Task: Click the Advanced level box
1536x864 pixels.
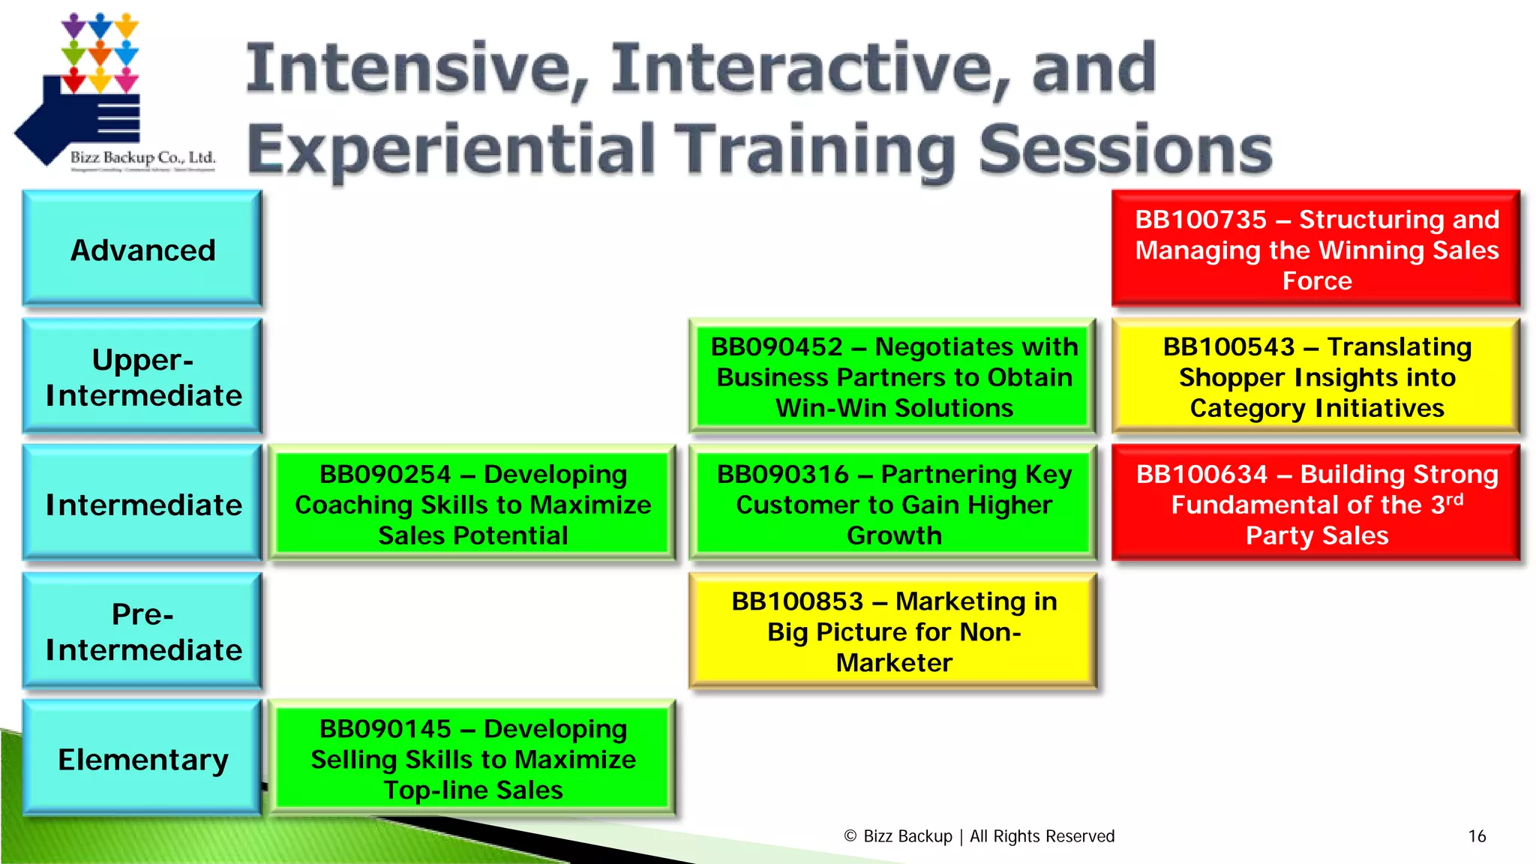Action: (x=142, y=250)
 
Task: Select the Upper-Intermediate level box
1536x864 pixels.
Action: (x=142, y=377)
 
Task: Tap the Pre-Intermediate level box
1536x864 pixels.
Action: (x=142, y=631)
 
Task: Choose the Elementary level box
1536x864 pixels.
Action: (x=142, y=759)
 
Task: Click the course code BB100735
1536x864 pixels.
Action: (x=1200, y=220)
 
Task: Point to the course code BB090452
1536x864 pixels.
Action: (x=776, y=347)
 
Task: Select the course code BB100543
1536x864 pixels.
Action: (x=1228, y=347)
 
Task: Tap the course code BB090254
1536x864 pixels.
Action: (x=385, y=475)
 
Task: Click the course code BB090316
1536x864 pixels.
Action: (x=782, y=475)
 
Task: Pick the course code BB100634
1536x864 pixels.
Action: (x=1201, y=475)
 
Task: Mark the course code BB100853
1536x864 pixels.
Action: (x=797, y=601)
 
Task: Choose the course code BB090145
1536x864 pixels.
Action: (x=385, y=729)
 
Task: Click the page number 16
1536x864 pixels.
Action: (x=1477, y=836)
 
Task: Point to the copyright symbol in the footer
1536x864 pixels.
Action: (x=850, y=836)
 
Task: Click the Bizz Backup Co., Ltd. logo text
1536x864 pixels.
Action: (x=142, y=157)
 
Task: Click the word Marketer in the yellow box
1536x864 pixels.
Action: (x=894, y=663)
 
